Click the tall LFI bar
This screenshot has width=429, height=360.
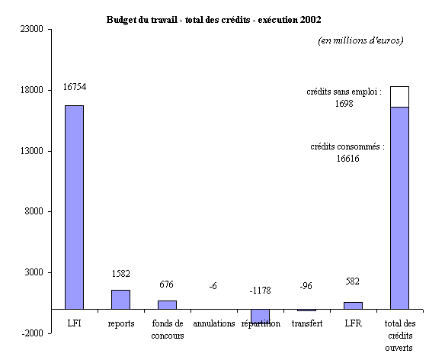pos(74,207)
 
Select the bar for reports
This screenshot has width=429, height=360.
pos(120,300)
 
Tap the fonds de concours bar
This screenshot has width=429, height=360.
pos(167,305)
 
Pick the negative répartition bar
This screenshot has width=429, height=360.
pos(260,317)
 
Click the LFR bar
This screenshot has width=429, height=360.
pos(354,306)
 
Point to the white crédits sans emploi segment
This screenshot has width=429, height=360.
pos(400,97)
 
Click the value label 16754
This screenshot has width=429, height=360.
pos(75,87)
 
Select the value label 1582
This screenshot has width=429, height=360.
pos(121,274)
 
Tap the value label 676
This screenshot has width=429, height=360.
pos(166,284)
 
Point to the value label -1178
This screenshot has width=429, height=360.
pos(260,290)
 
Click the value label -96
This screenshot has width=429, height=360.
pos(306,286)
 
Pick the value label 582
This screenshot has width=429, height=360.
pos(352,281)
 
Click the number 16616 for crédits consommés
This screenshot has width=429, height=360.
pos(347,158)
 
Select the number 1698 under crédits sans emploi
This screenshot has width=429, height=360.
pos(344,104)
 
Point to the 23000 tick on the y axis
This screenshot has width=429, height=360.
pos(32,29)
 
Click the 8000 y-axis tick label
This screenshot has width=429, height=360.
pos(34,211)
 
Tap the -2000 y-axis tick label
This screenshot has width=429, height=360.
pos(33,333)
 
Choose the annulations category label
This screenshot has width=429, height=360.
pos(214,323)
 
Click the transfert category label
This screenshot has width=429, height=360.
pos(307,323)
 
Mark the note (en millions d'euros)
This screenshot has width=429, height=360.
pos(360,40)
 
